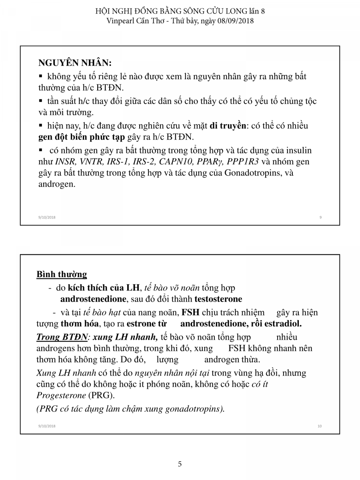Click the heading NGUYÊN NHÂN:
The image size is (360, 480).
[75, 63]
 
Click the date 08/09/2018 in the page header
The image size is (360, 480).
[235, 21]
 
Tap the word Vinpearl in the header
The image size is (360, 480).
[122, 21]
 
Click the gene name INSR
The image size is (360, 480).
[64, 162]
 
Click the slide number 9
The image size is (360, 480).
[321, 217]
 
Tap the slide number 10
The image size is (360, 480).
[320, 426]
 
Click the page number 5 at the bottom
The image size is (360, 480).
[180, 464]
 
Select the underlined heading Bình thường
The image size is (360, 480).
[62, 274]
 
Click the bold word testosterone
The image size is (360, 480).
[218, 299]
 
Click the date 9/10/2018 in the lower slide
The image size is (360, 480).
[47, 426]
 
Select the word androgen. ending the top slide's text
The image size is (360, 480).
[57, 184]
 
